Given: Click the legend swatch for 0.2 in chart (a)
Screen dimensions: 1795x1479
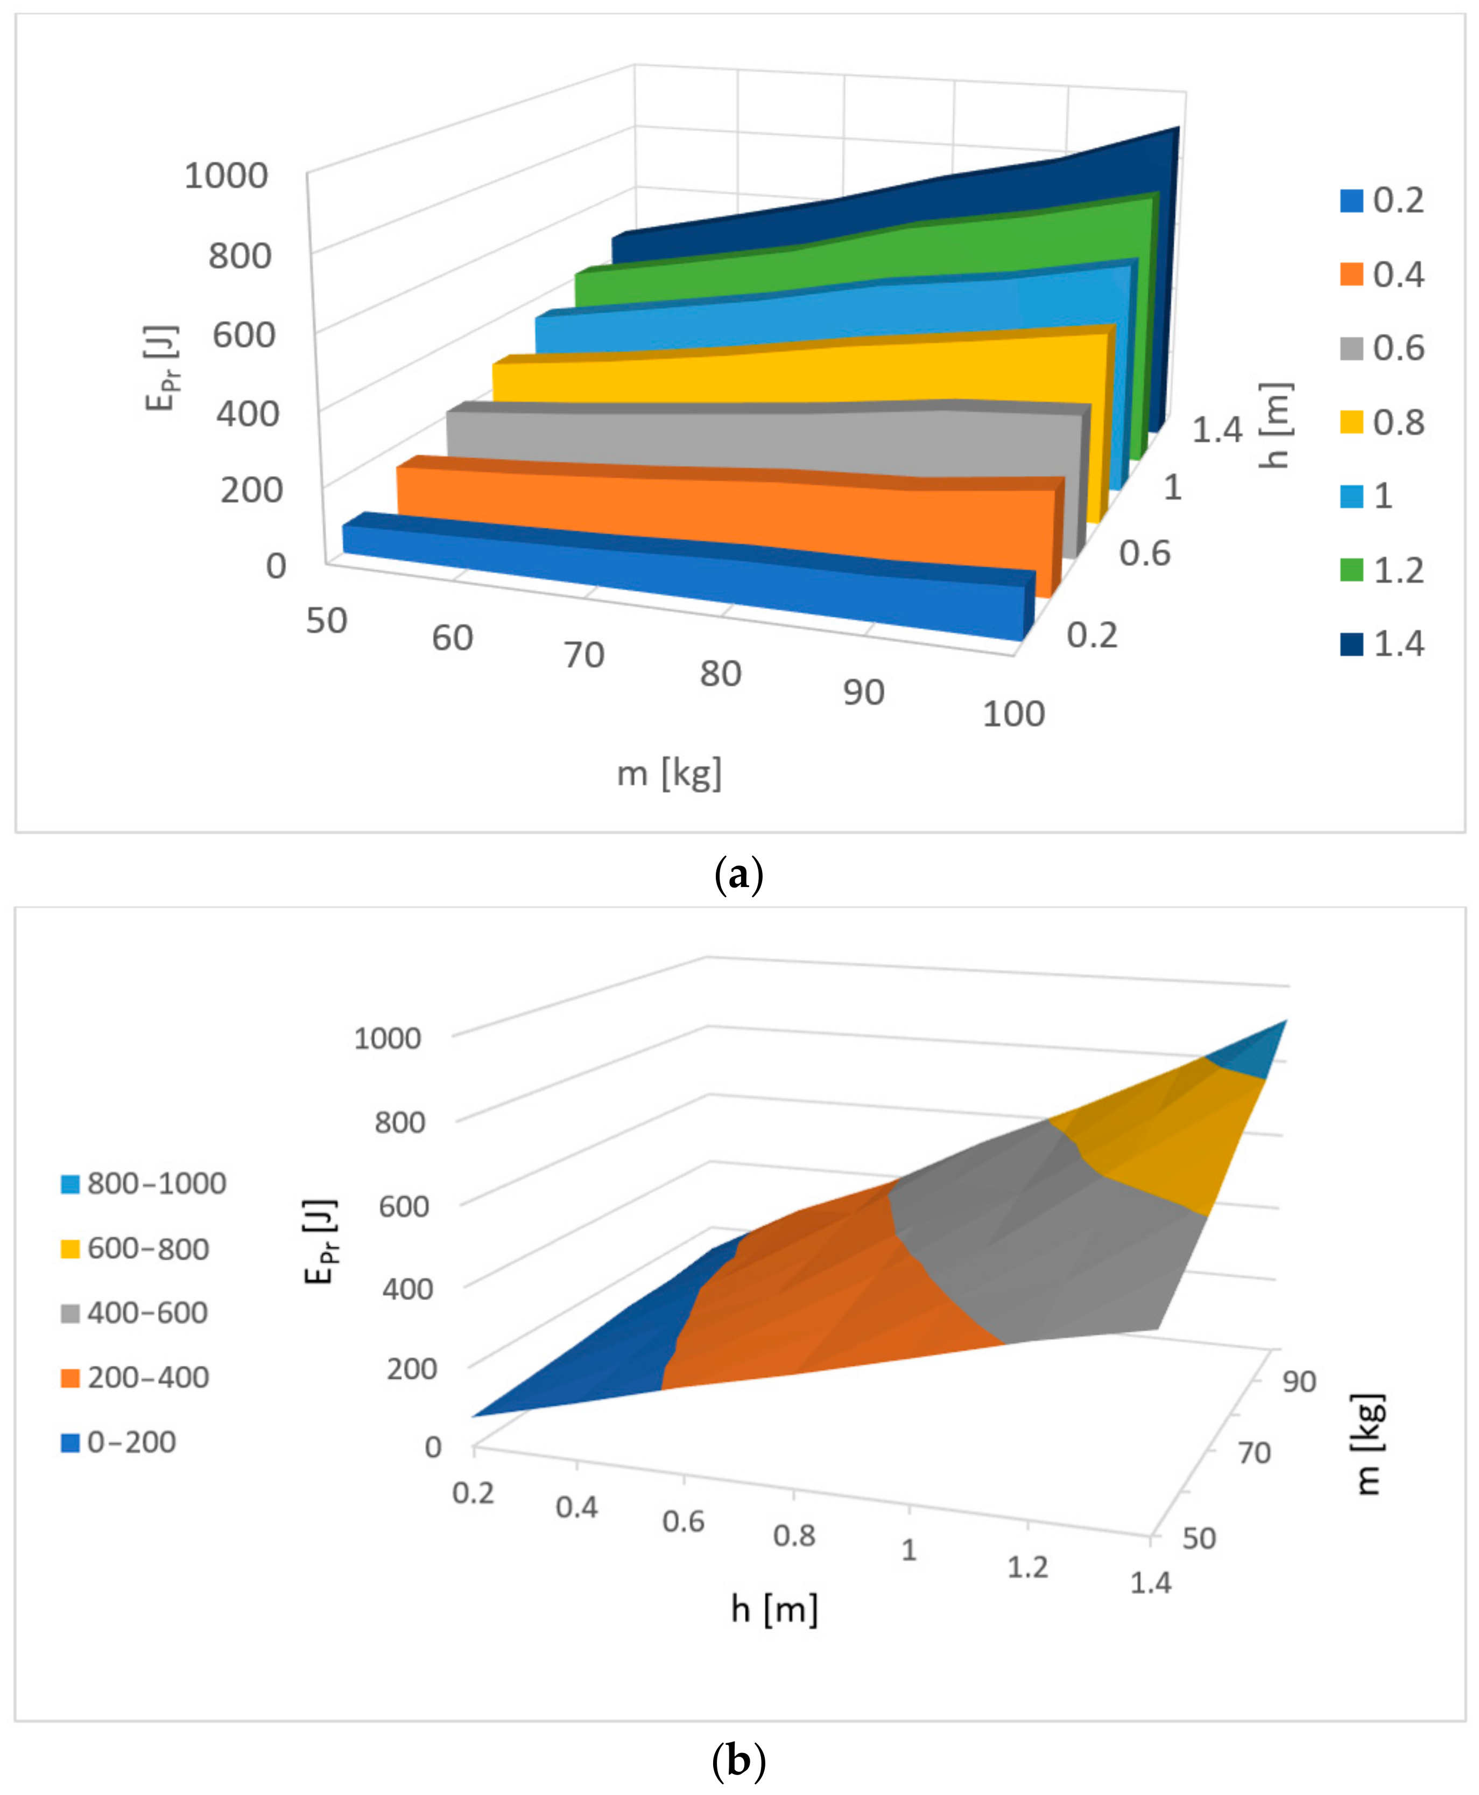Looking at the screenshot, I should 1351,200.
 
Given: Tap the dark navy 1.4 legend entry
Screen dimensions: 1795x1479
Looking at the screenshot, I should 1351,644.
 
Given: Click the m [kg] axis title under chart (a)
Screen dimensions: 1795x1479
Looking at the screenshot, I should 669,773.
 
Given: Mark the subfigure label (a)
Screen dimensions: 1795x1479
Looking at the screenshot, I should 738,875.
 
